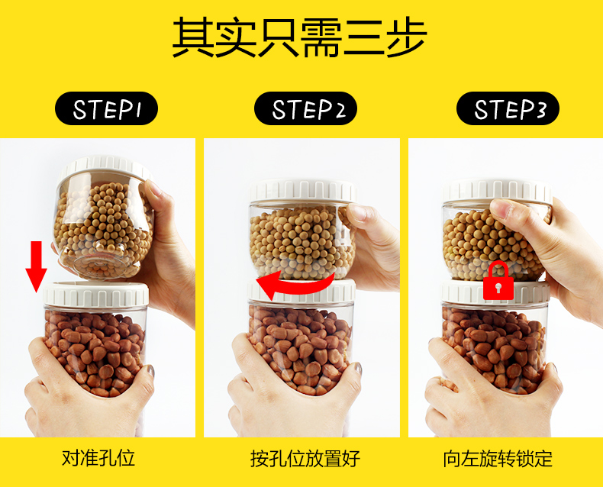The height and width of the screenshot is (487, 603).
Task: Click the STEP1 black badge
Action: click(x=107, y=108)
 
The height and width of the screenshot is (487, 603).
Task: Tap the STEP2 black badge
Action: click(x=306, y=108)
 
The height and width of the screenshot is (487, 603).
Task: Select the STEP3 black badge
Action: click(x=508, y=108)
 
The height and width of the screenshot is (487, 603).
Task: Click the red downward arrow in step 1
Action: click(x=36, y=266)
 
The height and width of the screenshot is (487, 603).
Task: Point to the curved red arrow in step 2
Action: click(x=296, y=285)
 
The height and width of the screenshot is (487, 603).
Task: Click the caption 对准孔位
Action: click(x=98, y=458)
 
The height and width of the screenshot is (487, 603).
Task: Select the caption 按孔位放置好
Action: click(x=305, y=458)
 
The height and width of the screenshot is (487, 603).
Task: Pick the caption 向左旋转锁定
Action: click(x=498, y=458)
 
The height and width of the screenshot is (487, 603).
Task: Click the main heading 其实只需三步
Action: click(x=299, y=37)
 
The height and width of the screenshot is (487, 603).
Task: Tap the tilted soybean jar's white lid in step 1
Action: click(x=106, y=167)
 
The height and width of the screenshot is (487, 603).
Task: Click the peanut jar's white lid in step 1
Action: click(x=96, y=295)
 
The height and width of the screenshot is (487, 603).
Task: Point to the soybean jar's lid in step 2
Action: click(x=303, y=190)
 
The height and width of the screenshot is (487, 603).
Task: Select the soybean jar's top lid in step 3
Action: click(x=497, y=190)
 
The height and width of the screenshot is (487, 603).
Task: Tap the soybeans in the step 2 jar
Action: click(x=302, y=242)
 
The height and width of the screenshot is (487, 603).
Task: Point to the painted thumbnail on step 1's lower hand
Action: click(x=150, y=371)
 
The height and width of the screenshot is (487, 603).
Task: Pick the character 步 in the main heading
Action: click(x=407, y=37)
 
